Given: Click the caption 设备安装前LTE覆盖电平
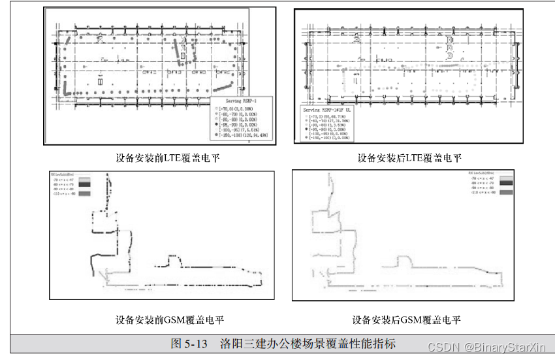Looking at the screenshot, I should (x=168, y=158).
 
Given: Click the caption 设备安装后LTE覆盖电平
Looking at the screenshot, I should (x=409, y=158).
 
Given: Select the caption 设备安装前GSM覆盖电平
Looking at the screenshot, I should (x=170, y=320).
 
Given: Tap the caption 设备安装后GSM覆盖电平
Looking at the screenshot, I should (x=407, y=320).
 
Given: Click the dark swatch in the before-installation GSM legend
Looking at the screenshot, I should (x=84, y=185).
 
